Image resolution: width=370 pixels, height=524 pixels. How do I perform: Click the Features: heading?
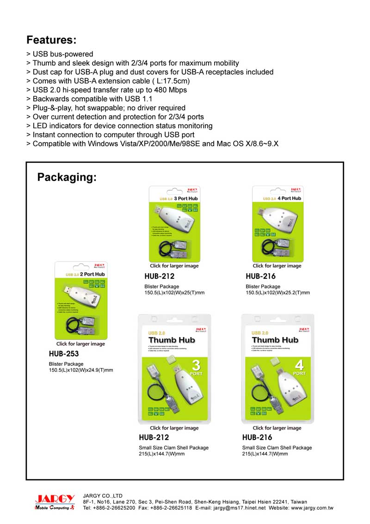[51, 39]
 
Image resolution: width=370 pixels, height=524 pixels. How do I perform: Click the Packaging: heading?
[67, 177]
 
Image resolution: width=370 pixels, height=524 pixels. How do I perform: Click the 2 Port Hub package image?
[81, 300]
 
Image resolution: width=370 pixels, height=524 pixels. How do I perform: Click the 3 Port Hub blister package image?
[174, 224]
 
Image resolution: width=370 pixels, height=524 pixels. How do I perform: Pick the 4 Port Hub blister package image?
[277, 224]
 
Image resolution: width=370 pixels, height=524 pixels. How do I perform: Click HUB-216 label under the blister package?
[261, 276]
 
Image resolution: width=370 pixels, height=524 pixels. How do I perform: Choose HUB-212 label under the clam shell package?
[154, 437]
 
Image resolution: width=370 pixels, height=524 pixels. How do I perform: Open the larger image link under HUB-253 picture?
[81, 344]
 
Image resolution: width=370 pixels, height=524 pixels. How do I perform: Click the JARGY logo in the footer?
[55, 502]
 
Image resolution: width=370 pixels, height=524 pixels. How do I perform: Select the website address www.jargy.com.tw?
[312, 508]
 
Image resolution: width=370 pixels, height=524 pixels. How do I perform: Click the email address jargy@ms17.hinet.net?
[240, 508]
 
